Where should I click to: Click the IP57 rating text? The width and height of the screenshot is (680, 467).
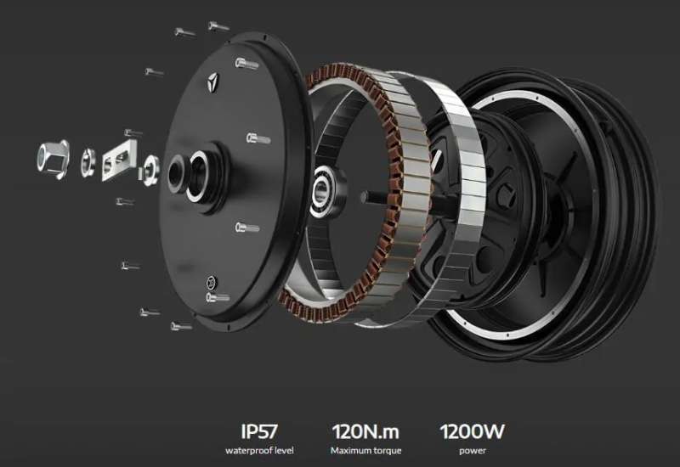point(259,431)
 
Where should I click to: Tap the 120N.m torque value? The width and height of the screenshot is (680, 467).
point(365,431)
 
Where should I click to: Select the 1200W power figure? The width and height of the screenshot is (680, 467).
point(473,431)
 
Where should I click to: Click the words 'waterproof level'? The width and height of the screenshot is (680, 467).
point(259,451)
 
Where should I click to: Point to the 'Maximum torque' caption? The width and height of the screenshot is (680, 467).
point(366,451)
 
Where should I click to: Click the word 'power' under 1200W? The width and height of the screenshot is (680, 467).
point(473,451)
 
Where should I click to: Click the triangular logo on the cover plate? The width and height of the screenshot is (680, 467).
point(213,82)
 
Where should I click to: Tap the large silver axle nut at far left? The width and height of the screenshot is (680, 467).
point(54,159)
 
